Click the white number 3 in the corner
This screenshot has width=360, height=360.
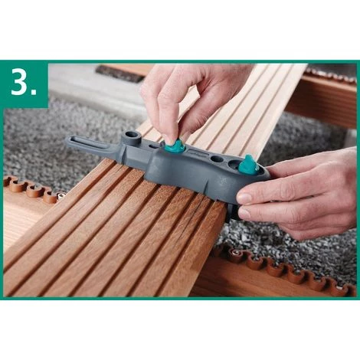(x=19, y=81)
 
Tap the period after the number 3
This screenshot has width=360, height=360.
(x=34, y=93)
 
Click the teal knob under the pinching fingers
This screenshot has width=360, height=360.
(x=173, y=145)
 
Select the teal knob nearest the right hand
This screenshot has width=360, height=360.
(x=248, y=165)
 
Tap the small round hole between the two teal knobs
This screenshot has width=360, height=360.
(x=217, y=159)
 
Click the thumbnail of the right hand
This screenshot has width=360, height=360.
(x=245, y=198)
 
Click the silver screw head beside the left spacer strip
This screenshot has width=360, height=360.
(x=60, y=195)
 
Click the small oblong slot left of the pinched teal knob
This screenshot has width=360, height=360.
(x=153, y=146)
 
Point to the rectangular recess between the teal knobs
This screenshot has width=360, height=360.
(x=197, y=153)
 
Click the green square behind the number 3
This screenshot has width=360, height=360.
(x=25, y=84)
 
